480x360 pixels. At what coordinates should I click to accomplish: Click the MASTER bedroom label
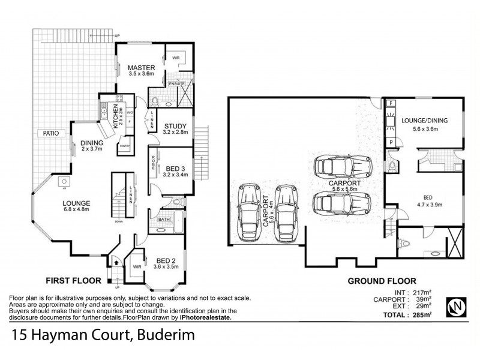tap(142, 68)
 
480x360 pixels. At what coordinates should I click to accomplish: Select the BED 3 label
tap(176, 169)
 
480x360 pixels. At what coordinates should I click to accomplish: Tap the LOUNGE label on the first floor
tap(75, 203)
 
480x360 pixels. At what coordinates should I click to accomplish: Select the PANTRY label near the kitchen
tap(125, 145)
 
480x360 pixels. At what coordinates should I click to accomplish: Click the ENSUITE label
tap(176, 83)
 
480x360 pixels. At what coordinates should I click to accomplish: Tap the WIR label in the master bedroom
tap(176, 58)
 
